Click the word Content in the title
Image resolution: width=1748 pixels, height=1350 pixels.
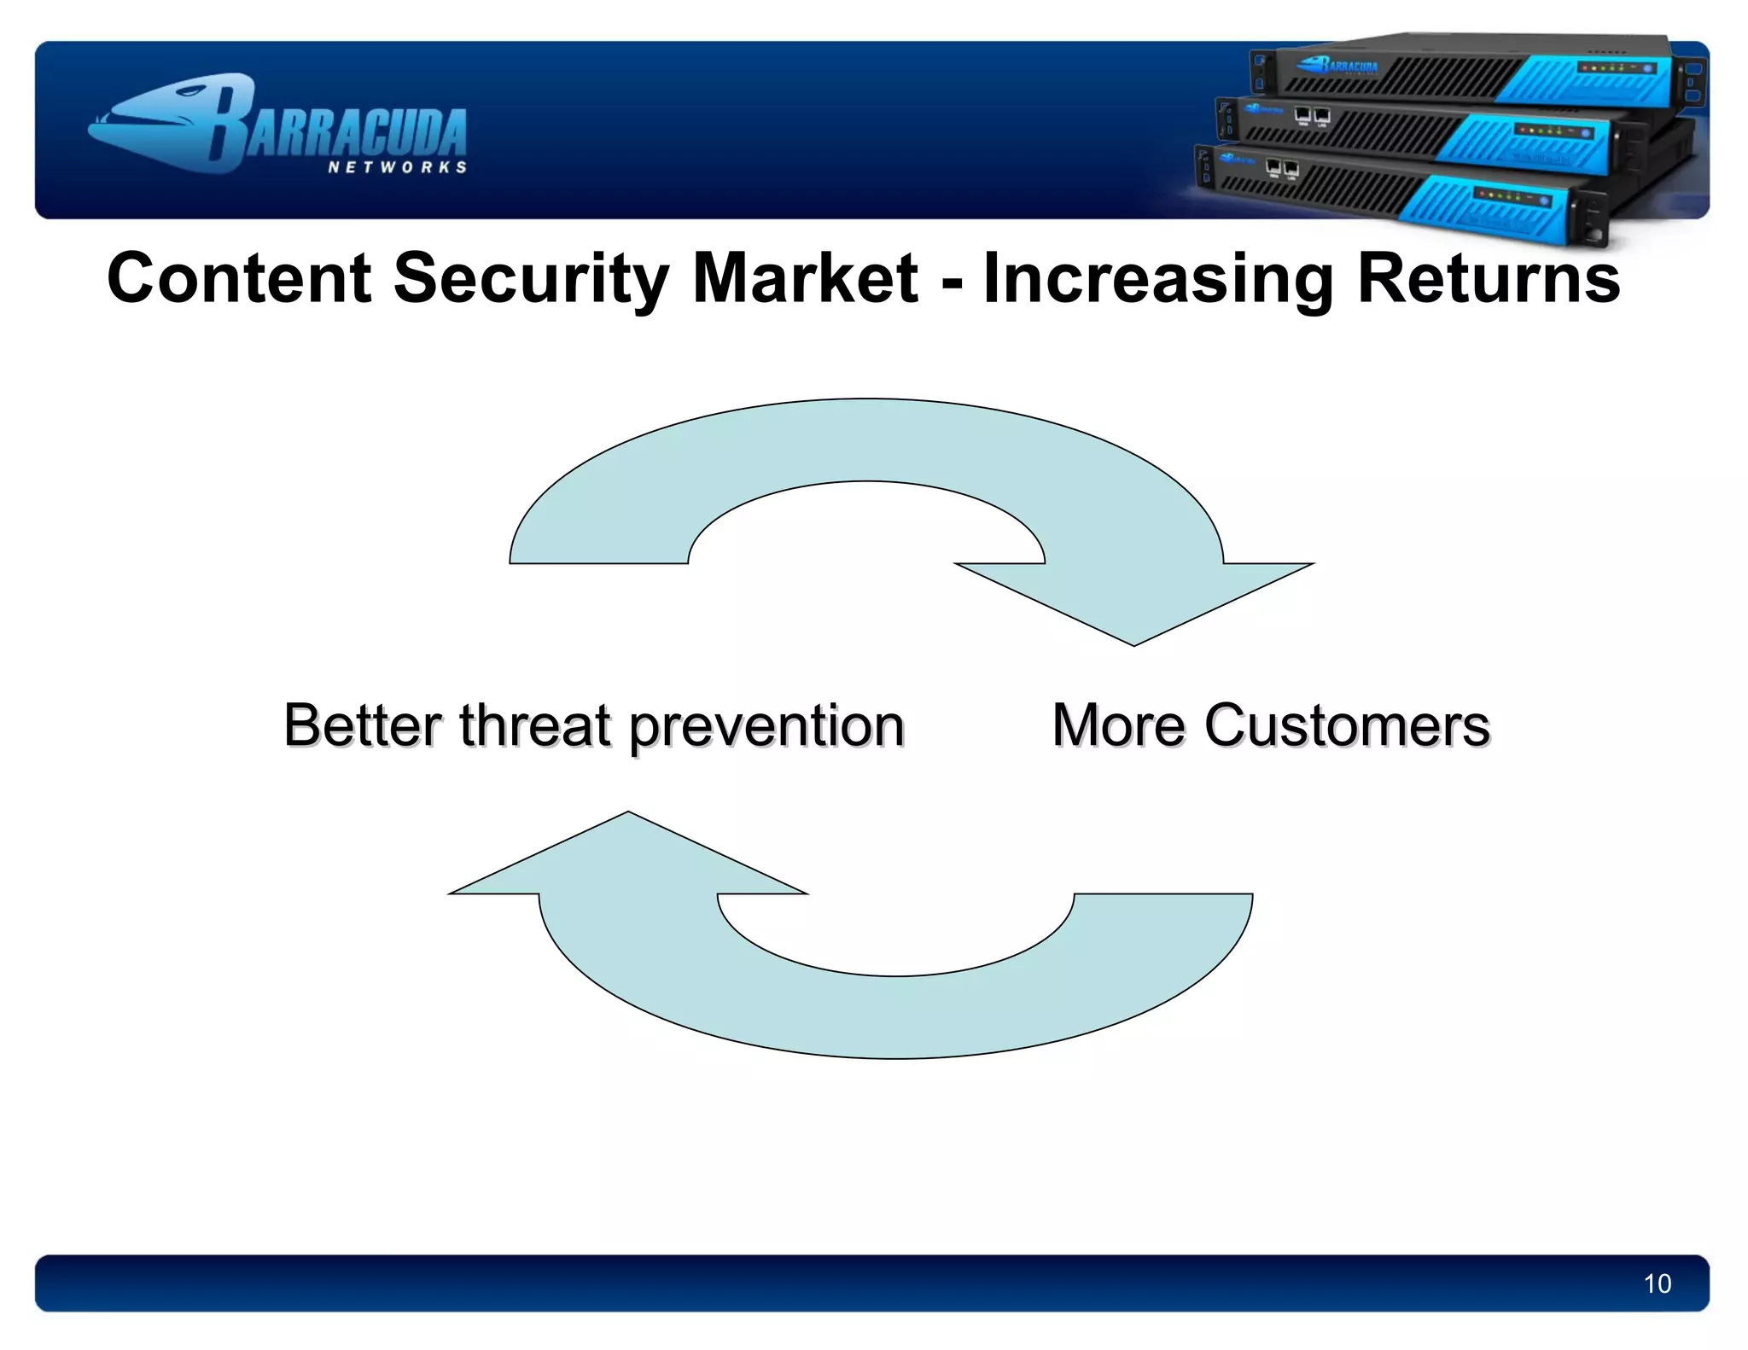(x=239, y=278)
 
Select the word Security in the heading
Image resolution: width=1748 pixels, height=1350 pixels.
(x=531, y=278)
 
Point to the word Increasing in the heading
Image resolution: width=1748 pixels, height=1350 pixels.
(x=1158, y=278)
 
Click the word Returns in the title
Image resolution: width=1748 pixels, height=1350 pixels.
(x=1489, y=278)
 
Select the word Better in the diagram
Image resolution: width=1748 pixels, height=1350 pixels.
(x=362, y=725)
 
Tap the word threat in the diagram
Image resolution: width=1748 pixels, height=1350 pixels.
(x=535, y=725)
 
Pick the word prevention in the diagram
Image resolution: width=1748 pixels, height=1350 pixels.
(x=766, y=727)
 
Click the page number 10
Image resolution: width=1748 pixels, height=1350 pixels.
(x=1657, y=1283)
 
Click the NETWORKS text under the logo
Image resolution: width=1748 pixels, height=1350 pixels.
(x=398, y=167)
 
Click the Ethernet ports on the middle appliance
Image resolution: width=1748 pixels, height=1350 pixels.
(x=1312, y=116)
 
